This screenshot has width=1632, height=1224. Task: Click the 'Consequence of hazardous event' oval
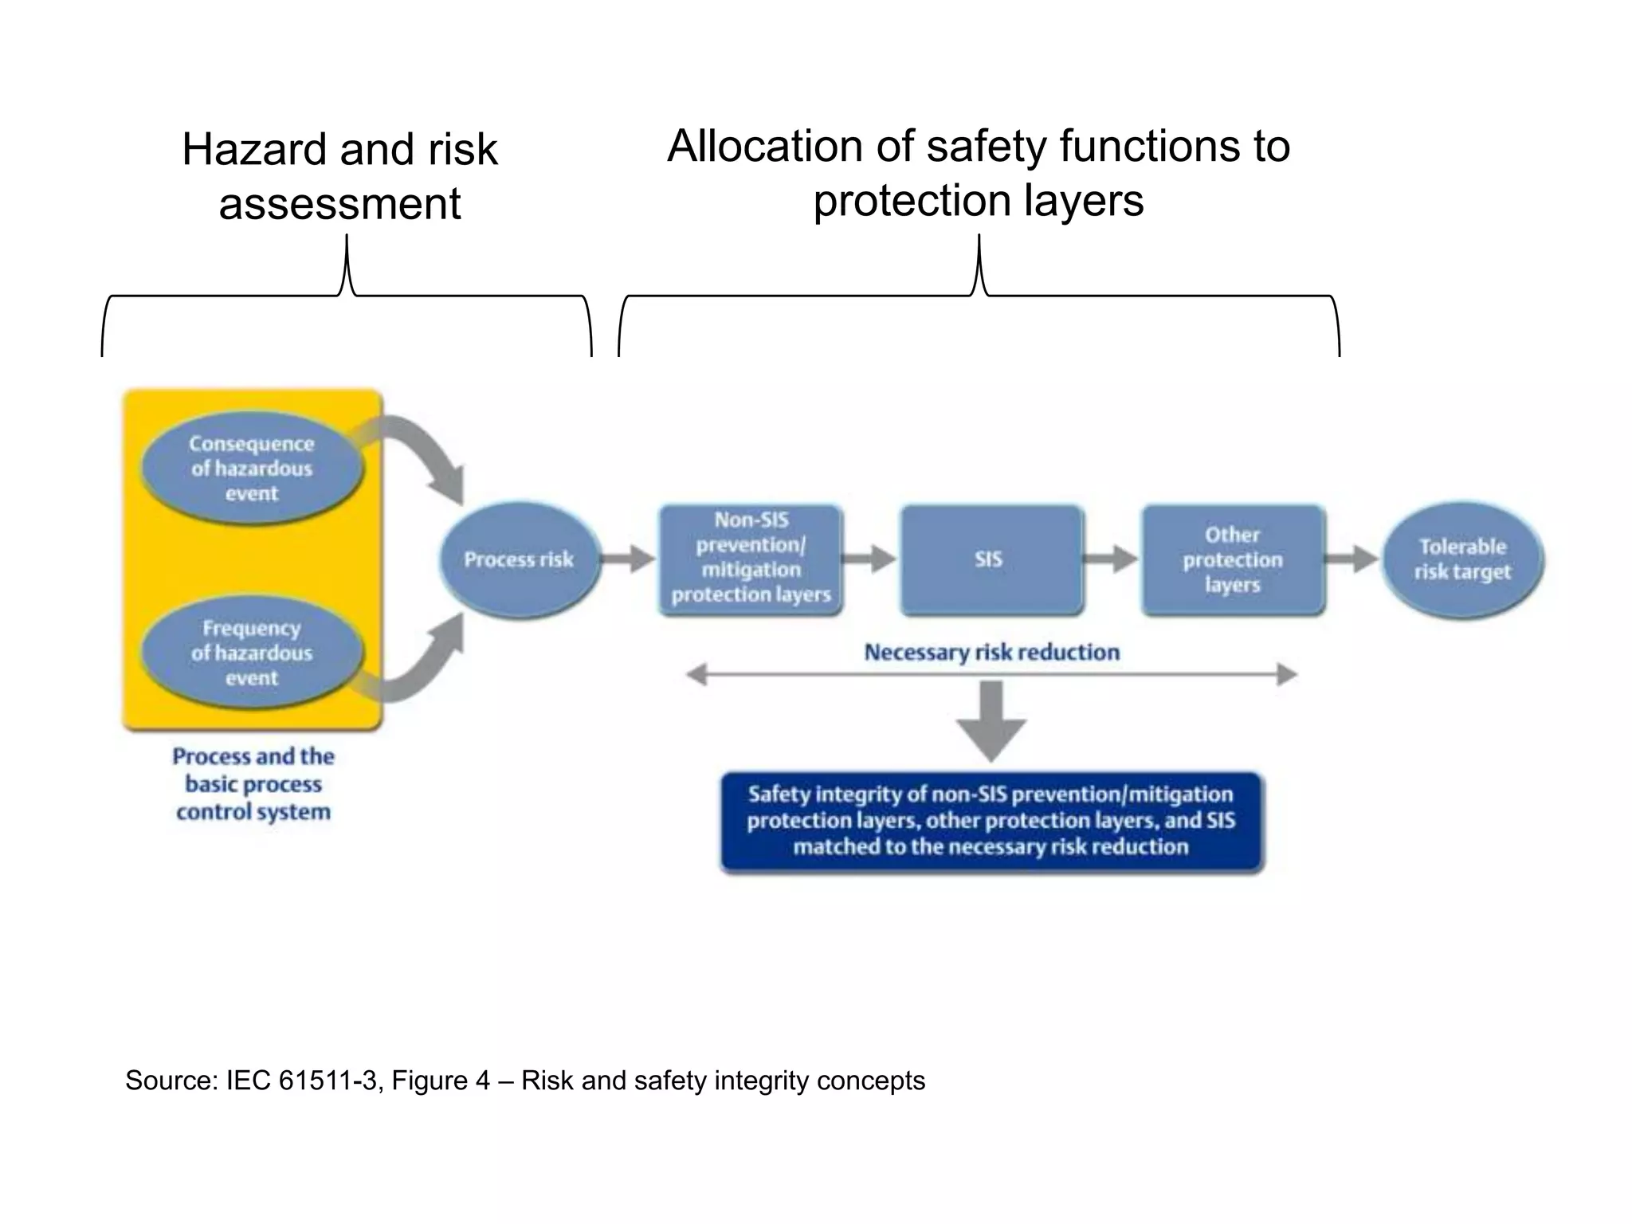pos(252,468)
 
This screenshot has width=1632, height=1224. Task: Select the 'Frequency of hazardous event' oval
pos(252,653)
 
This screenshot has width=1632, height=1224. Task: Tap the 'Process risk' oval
pos(519,559)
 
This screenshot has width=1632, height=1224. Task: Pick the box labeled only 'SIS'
pos(991,559)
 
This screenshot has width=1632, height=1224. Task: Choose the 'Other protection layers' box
pos(1232,559)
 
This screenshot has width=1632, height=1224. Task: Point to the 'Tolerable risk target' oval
pos(1462,559)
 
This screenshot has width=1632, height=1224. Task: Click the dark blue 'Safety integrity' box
pos(991,822)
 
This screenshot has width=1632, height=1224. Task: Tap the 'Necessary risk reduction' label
pos(991,653)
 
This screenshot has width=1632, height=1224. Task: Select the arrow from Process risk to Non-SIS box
pos(628,559)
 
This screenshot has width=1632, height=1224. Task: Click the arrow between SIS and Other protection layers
pos(1112,559)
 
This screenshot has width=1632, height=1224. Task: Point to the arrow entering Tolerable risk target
pos(1352,559)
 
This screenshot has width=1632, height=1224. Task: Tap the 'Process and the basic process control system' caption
pos(253,784)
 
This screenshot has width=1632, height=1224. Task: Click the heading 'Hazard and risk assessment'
pos(339,176)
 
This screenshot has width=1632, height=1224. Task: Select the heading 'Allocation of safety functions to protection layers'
pos(979,173)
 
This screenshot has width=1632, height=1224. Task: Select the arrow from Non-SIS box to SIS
pos(869,559)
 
